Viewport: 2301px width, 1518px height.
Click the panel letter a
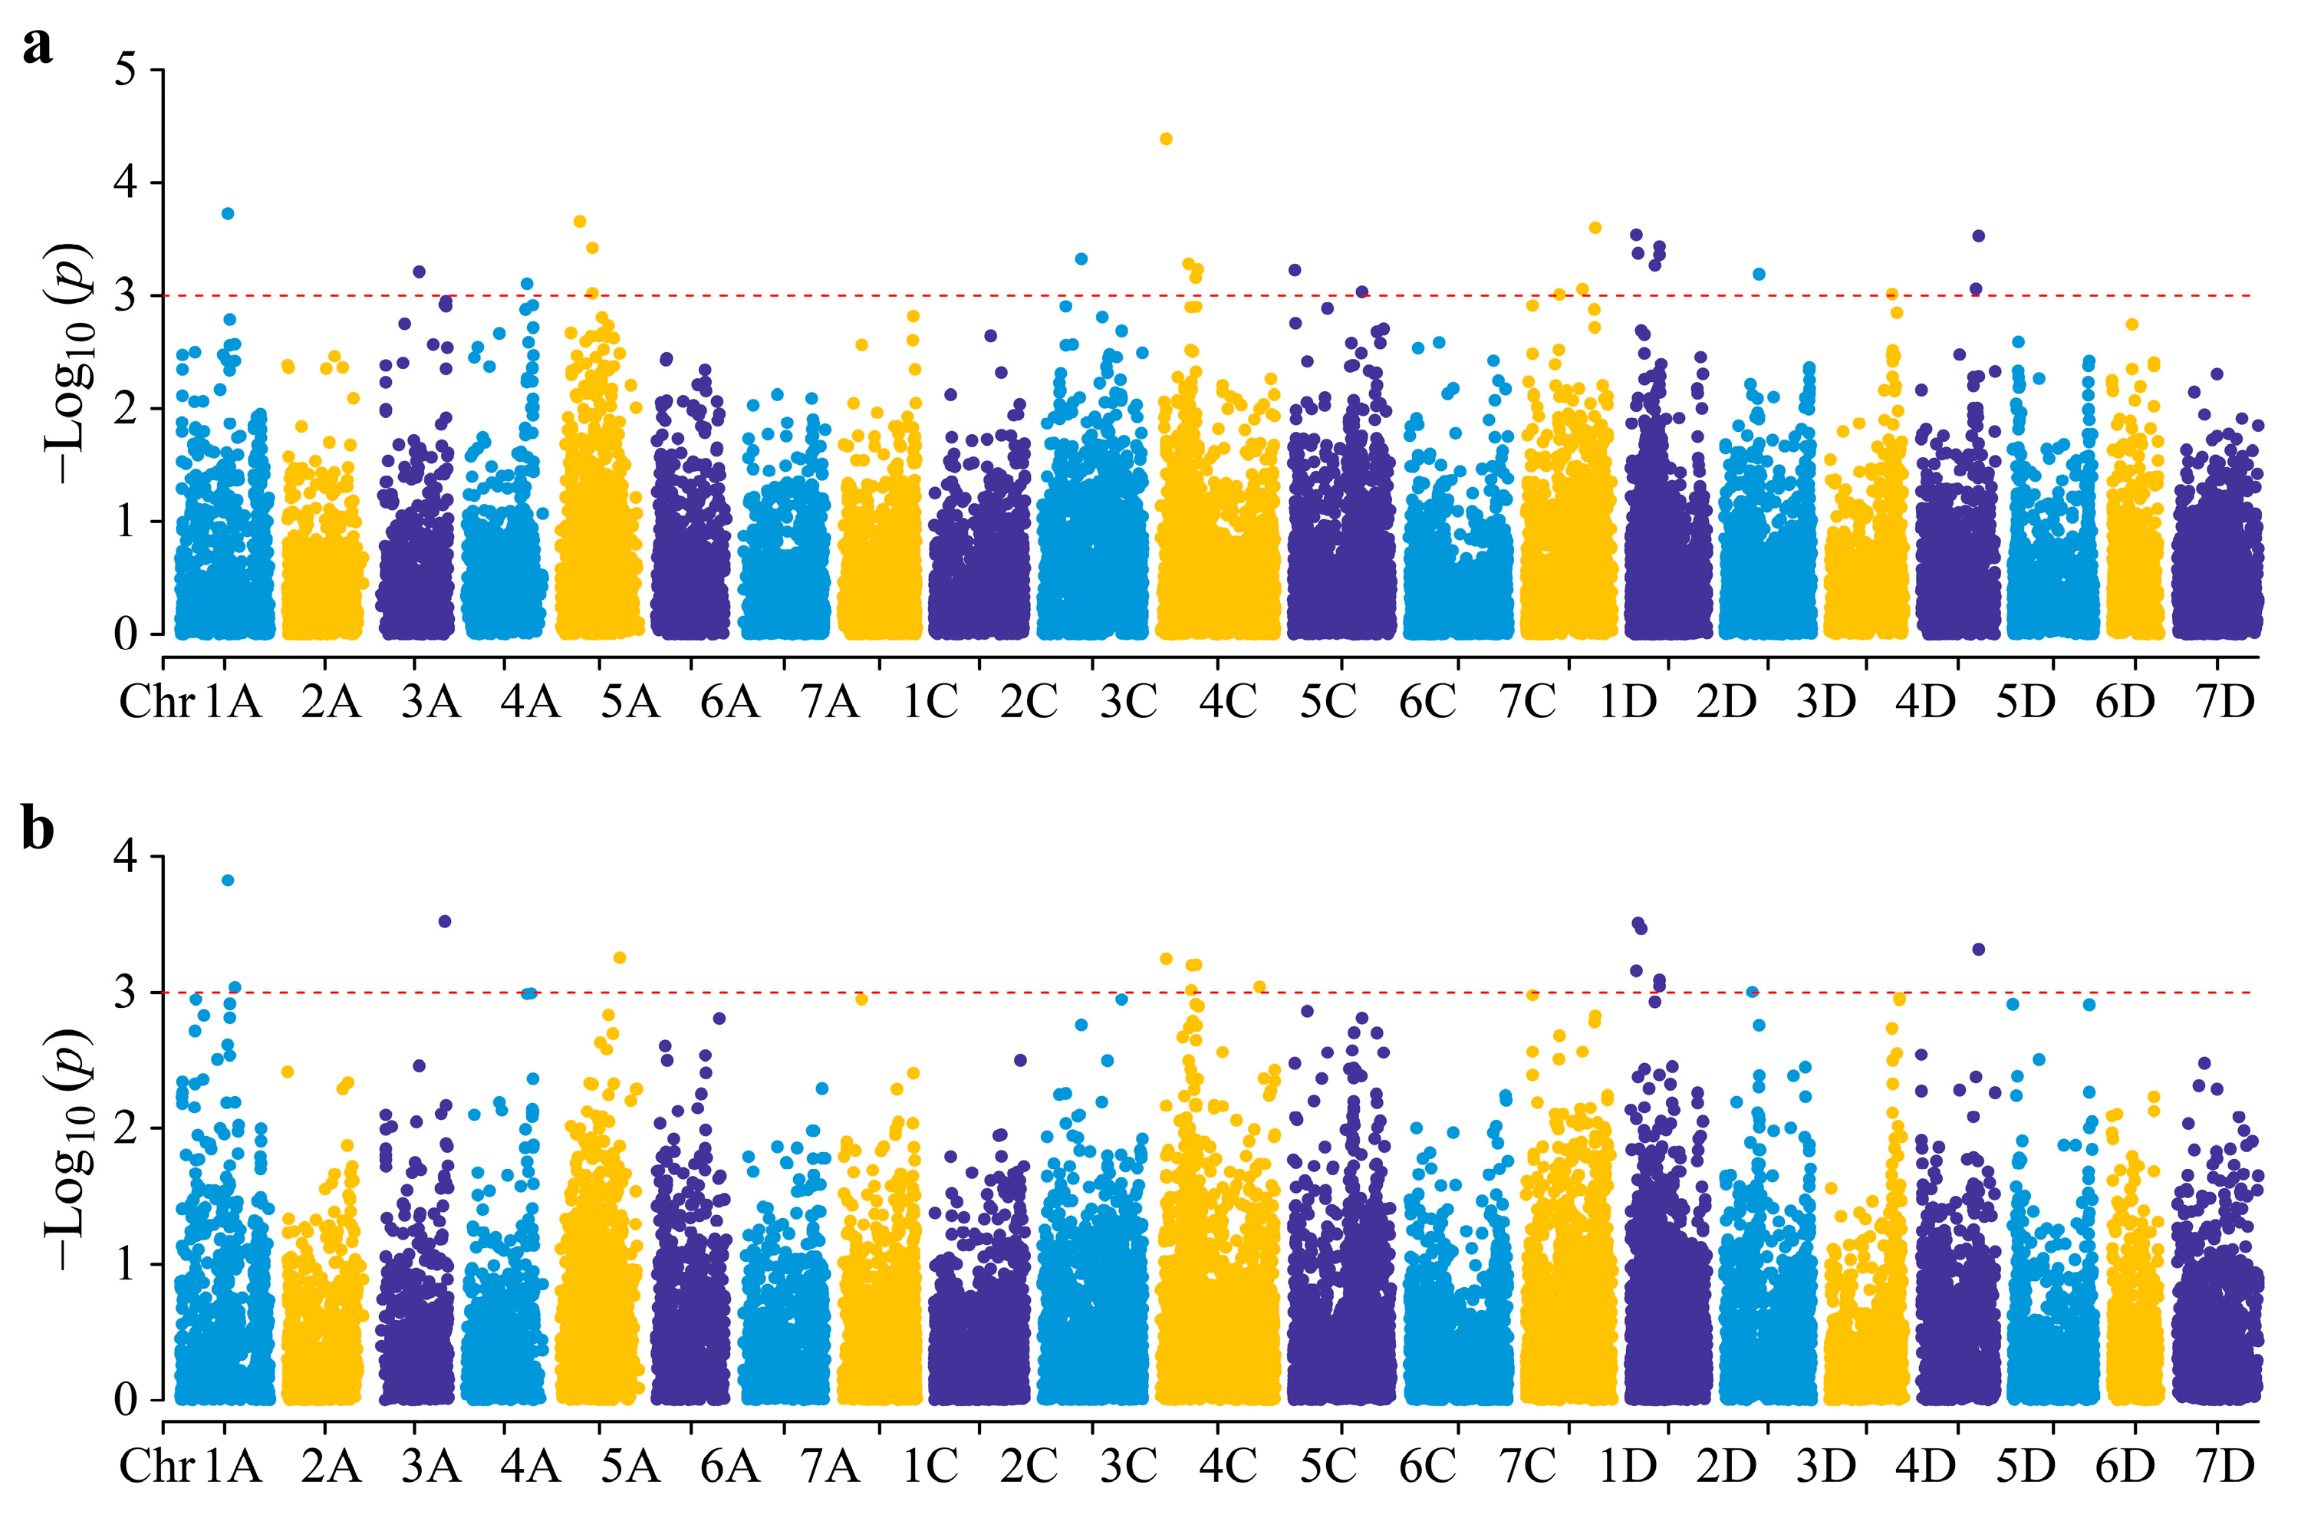pyautogui.click(x=37, y=45)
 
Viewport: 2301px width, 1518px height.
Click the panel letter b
pyautogui.click(x=38, y=830)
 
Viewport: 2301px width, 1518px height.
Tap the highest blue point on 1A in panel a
pyautogui.click(x=228, y=214)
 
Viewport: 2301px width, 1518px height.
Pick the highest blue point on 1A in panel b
pyautogui.click(x=228, y=880)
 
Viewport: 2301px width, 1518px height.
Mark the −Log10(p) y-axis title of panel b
pyautogui.click(x=70, y=1148)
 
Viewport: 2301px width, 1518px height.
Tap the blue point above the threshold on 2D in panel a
pyautogui.click(x=1759, y=275)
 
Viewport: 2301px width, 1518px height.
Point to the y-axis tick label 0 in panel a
pyautogui.click(x=127, y=635)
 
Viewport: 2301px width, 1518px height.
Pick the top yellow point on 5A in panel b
pyautogui.click(x=620, y=958)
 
